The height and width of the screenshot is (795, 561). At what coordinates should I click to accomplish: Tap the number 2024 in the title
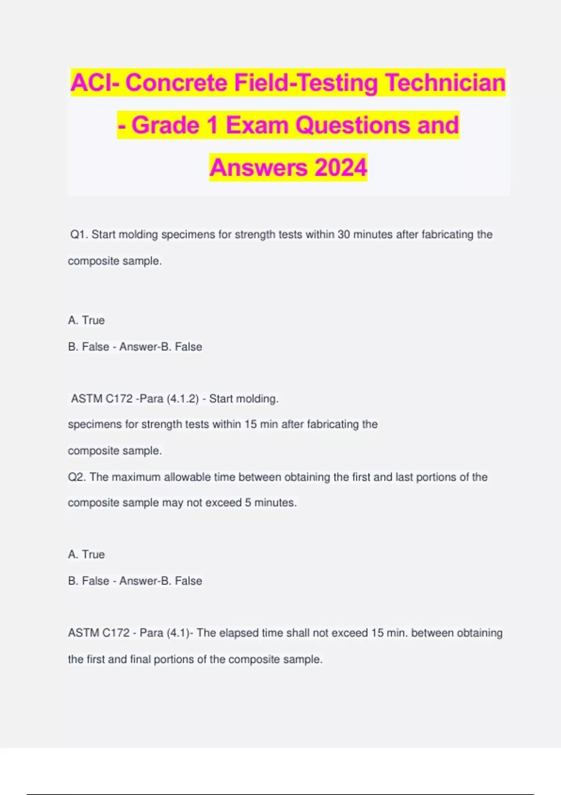pos(341,167)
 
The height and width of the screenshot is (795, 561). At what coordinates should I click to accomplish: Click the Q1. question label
pos(79,234)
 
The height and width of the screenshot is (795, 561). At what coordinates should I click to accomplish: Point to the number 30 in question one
pos(344,234)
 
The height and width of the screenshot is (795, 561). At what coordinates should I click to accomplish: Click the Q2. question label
pos(77,477)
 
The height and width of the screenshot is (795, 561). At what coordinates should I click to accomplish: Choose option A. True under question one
pos(86,320)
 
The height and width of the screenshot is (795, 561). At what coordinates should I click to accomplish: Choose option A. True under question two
pos(86,554)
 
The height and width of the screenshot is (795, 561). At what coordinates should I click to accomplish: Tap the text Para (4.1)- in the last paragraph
pos(166,633)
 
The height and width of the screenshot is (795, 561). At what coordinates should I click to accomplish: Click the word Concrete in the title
pos(176,83)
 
